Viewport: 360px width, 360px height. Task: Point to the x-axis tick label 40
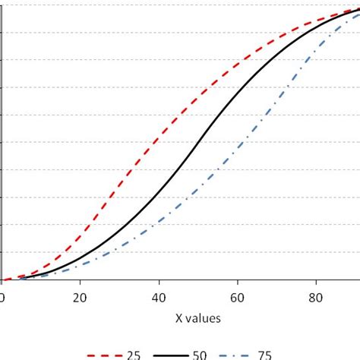tap(159, 298)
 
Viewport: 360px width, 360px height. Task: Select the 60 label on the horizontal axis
tap(238, 298)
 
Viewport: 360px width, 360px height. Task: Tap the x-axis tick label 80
tap(316, 298)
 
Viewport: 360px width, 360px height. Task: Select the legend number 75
tap(264, 355)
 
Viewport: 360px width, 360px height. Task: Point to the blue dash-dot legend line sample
tap(235, 355)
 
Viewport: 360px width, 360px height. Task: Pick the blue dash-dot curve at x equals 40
tap(159, 222)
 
